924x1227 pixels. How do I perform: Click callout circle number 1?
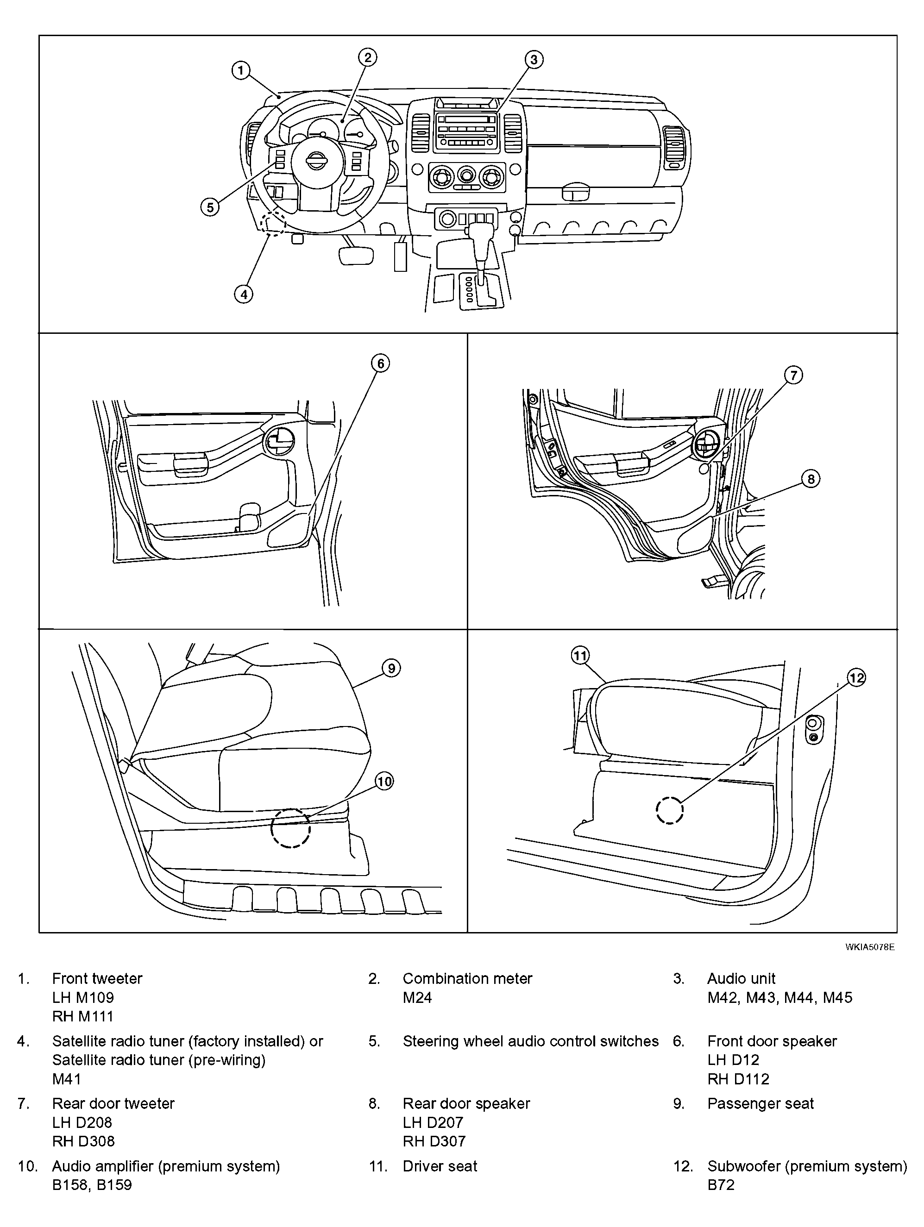[240, 70]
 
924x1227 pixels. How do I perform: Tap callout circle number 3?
[534, 59]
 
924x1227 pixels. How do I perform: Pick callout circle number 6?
[380, 364]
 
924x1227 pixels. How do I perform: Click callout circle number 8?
[810, 479]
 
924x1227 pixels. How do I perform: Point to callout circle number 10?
[384, 782]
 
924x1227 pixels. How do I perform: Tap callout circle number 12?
[856, 677]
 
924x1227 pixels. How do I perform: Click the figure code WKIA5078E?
[870, 947]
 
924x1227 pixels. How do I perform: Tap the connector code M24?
[417, 998]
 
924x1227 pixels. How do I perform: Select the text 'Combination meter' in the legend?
[467, 978]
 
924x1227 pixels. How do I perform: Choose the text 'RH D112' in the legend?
[738, 1079]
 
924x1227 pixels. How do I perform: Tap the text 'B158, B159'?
[92, 1185]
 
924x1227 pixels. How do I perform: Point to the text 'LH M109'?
[83, 998]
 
